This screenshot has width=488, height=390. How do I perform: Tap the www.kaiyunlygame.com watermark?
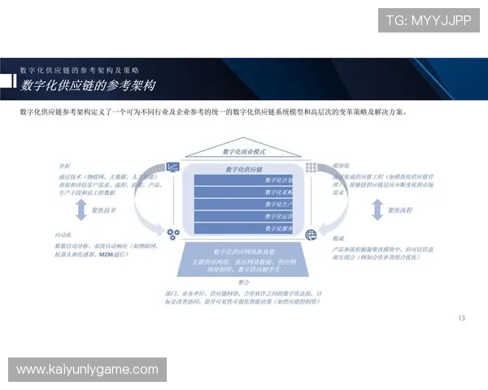tap(87, 370)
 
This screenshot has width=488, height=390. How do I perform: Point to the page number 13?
tap(462, 318)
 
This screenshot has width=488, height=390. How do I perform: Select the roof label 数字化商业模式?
tap(243, 152)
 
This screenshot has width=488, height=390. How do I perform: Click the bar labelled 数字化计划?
tap(244, 180)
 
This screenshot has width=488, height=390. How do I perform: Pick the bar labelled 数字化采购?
tap(244, 192)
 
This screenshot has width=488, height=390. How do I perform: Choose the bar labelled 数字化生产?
tap(244, 204)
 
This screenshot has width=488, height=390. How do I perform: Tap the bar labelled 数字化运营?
tap(244, 216)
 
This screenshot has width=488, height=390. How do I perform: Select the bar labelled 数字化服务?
tap(244, 228)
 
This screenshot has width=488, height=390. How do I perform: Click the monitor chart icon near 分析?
tap(172, 168)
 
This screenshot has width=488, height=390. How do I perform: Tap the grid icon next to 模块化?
tap(311, 168)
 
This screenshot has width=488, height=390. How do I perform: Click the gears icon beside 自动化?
tap(172, 234)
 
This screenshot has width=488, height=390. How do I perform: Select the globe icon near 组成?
tap(311, 235)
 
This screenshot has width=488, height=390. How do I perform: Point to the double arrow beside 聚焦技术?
tap(80, 210)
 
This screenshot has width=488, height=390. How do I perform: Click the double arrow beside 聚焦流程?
tap(376, 209)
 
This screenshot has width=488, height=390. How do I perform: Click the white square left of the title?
tap(7, 81)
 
